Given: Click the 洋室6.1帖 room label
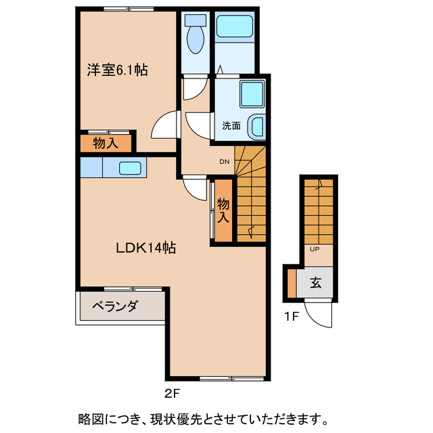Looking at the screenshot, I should click(117, 69).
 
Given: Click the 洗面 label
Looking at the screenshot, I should click(231, 125).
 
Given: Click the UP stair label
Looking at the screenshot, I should click(315, 249).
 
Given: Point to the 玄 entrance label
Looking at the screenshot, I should click(316, 283).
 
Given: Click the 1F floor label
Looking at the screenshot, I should click(292, 315).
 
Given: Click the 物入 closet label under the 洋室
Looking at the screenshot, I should click(106, 143).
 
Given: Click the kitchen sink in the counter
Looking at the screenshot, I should click(130, 167).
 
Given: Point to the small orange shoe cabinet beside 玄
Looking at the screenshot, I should click(291, 283).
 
